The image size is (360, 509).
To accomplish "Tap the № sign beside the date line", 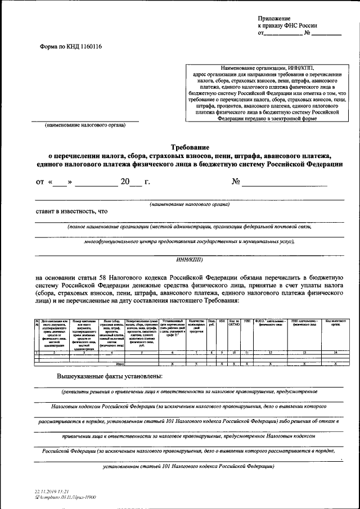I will tap(236, 182).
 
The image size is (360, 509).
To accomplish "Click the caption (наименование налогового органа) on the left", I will tap(85, 126).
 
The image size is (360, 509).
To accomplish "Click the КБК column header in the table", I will tap(222, 321).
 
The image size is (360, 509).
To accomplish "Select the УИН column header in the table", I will tap(246, 321).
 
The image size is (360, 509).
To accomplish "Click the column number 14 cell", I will tap(335, 352).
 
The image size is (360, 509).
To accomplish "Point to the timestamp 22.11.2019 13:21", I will tap(52, 492).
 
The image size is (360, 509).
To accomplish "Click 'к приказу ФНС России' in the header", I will tap(287, 26).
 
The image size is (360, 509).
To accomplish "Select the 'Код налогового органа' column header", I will tap(335, 322).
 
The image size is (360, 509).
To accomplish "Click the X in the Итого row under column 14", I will tap(335, 364).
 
